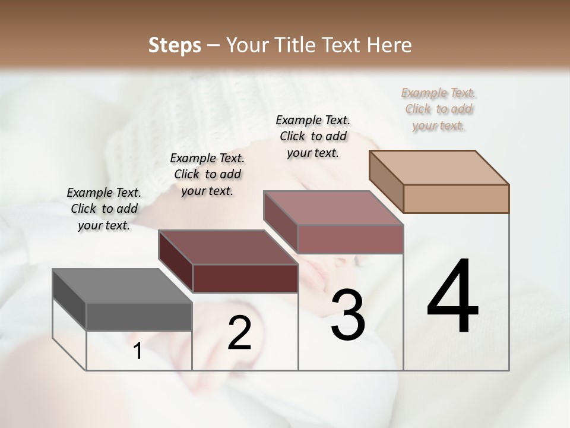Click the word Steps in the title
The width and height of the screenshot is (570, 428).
(x=175, y=45)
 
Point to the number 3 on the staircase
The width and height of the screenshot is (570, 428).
(x=348, y=315)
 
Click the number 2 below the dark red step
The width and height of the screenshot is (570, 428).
(x=240, y=333)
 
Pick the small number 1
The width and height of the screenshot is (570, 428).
(x=138, y=351)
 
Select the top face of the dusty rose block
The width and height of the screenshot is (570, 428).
(x=332, y=208)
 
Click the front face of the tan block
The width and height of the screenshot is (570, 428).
(x=456, y=199)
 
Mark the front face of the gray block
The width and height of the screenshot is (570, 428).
(x=140, y=317)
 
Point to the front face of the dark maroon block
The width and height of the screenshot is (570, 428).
(x=245, y=278)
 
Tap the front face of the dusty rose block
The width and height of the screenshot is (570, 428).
(x=350, y=239)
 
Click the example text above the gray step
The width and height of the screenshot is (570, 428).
(x=104, y=209)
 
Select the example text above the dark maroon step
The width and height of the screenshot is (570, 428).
(x=207, y=174)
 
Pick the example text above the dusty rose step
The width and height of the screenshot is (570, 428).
(x=313, y=136)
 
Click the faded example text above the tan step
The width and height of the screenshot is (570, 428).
(x=439, y=109)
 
